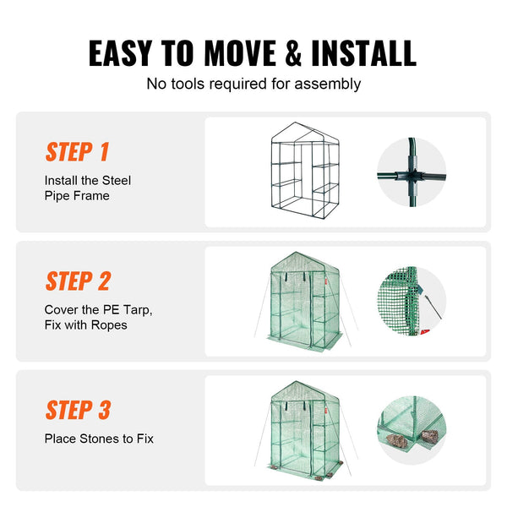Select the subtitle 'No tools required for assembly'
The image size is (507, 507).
click(253, 84)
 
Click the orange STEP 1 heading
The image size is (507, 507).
click(78, 152)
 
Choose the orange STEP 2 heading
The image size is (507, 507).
click(79, 281)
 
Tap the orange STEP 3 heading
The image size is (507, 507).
click(79, 411)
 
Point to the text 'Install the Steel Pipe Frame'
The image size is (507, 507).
click(88, 188)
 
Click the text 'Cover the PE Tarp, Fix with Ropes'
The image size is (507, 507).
click(98, 317)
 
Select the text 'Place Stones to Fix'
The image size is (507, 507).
click(99, 439)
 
